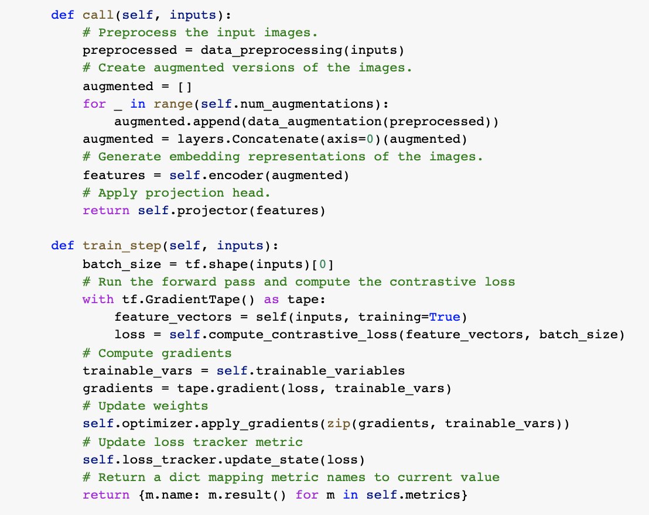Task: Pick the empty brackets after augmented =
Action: [x=185, y=86]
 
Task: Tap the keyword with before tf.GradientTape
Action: [x=98, y=299]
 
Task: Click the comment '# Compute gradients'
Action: [x=157, y=353]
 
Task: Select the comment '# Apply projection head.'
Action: [x=176, y=193]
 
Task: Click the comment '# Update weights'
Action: [x=145, y=406]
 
